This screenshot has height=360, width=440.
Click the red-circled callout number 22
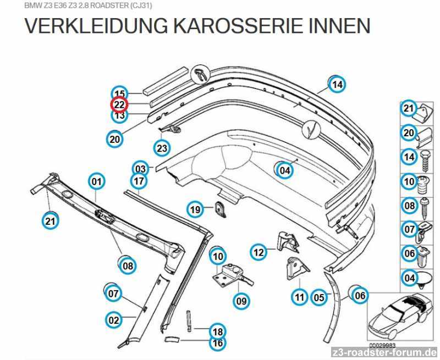pos(119,104)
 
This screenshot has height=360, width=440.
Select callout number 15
pos(120,93)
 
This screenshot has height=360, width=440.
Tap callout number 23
pos(162,148)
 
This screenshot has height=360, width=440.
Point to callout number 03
pos(141,169)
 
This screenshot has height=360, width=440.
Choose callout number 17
pos(139,181)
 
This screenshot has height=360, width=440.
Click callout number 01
pos(96,182)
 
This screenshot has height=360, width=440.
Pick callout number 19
pos(195,209)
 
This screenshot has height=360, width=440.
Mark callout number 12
pos(258,252)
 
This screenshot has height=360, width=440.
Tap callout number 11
pos(300,297)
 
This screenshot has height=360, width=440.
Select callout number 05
pos(319,297)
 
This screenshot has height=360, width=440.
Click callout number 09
pos(241,301)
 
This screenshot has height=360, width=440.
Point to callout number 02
pos(114,320)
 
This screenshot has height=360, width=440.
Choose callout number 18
pos(218,331)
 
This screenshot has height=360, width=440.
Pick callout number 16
pos(218,343)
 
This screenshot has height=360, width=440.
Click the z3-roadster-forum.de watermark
pos(384,352)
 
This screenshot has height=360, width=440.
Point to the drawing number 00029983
pos(382,345)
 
